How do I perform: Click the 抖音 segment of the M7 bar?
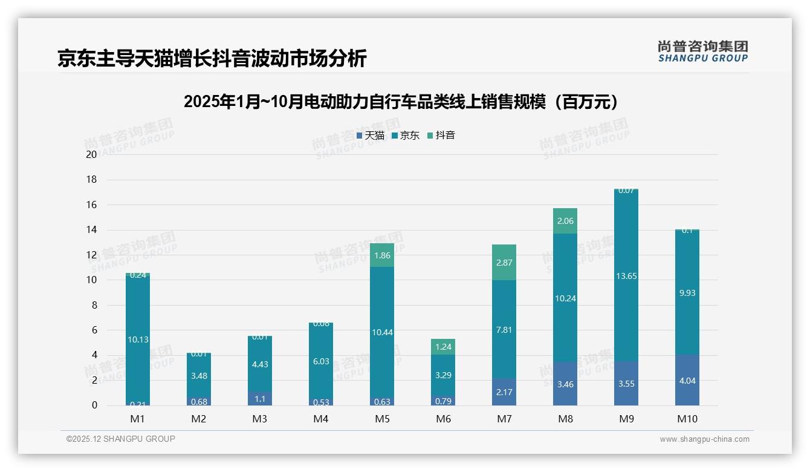coord(504,262)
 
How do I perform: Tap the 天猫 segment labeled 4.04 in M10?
coord(687,380)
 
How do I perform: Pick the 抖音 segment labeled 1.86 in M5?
coord(381,255)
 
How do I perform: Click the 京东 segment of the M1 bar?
coord(138,339)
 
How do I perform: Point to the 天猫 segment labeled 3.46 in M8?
coord(565,384)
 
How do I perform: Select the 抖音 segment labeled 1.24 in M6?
coord(442,347)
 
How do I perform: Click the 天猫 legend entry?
coord(371,136)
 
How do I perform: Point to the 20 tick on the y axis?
coord(91,154)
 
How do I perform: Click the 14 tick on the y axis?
coord(91,230)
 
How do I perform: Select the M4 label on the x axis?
coord(320,419)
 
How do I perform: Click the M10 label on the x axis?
coord(687,419)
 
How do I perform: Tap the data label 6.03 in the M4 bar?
coord(320,361)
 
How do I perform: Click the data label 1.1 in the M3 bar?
coord(259,399)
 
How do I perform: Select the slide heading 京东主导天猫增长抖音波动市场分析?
coord(212,59)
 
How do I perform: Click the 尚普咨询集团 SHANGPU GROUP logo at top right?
coord(702,51)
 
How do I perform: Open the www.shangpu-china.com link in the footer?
coord(704,439)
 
